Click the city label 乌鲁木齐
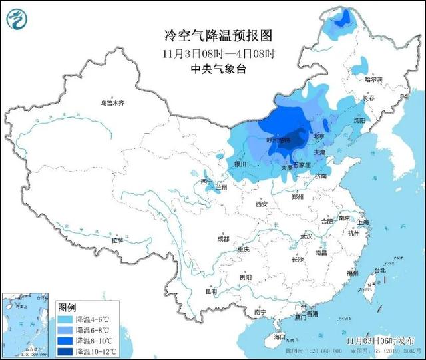[x=112, y=104]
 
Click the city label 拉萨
[x=117, y=240]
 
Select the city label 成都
[x=222, y=239]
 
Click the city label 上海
[x=363, y=223]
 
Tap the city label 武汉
[x=306, y=236]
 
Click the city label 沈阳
[x=359, y=121]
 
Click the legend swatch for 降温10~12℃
[x=65, y=351]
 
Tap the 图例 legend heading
[x=67, y=307]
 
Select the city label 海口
[x=279, y=337]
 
